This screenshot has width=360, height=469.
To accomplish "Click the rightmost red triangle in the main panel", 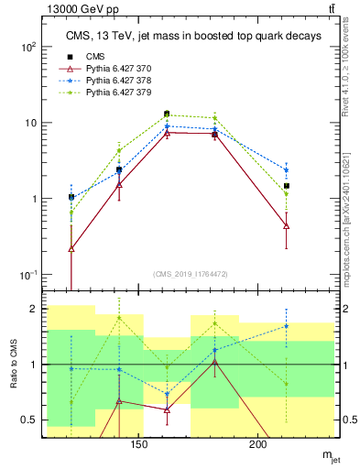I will (287, 225).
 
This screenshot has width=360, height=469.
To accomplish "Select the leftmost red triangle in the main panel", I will (71, 248).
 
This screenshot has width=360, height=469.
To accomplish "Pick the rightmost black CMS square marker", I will (287, 186).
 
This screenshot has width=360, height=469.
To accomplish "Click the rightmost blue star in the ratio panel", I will (287, 325).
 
